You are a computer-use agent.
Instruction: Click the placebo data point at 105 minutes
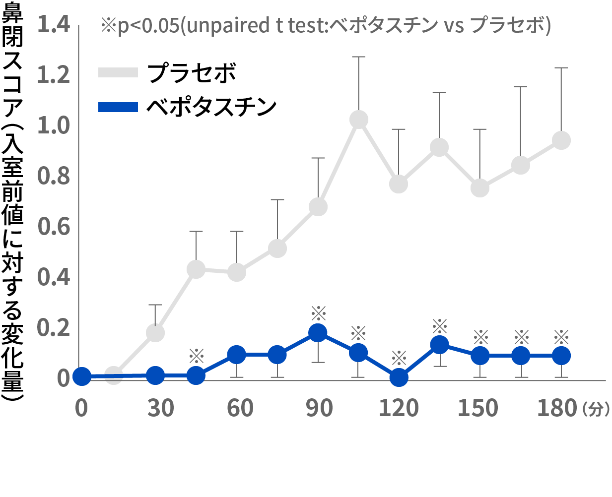point(358,120)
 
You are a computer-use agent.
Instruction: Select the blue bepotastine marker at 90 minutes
point(318,332)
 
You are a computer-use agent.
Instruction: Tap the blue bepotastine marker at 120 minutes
point(399,377)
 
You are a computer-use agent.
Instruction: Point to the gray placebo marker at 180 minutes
point(561,140)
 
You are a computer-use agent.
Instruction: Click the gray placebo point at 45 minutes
point(196,269)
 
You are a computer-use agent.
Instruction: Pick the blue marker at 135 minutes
point(439,345)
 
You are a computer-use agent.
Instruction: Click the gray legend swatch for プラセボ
point(118,72)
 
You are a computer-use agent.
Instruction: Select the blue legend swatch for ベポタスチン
point(118,107)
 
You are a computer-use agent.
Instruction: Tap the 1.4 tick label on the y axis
point(54,25)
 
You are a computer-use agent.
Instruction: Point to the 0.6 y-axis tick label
point(54,227)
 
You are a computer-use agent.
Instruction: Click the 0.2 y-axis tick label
point(54,328)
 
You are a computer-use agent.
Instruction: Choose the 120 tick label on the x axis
point(399,408)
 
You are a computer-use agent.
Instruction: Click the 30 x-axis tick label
point(160,408)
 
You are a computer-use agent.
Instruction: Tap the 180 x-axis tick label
point(557,408)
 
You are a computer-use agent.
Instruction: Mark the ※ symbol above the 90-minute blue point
point(318,313)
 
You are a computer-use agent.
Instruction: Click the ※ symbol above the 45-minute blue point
point(197,356)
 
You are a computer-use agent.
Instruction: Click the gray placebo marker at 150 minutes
point(479,188)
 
